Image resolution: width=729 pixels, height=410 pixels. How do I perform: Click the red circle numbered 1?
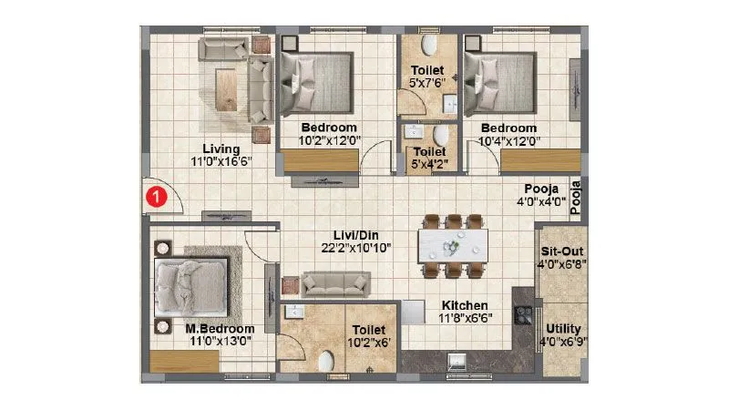tap(157, 194)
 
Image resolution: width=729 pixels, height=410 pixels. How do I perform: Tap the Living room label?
tap(221, 149)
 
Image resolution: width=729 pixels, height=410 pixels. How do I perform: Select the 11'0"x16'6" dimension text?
tap(221, 161)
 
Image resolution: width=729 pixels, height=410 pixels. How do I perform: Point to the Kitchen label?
tap(465, 305)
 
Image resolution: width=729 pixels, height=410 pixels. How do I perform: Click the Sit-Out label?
tap(561, 251)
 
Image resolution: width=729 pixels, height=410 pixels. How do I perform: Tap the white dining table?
tap(452, 244)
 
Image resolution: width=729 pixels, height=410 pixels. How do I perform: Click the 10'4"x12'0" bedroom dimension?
tap(508, 141)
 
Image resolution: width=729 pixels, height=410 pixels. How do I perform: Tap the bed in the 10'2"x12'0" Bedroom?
tap(316, 80)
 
